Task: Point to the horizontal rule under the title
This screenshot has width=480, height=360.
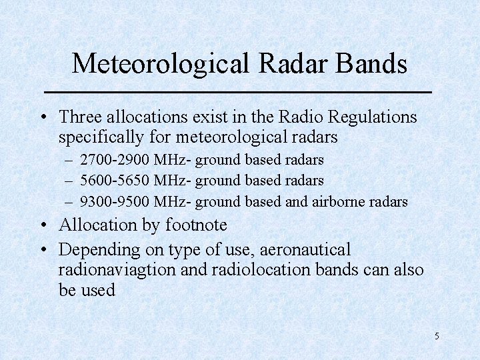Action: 237,91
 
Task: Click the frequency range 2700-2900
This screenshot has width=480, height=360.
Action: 115,160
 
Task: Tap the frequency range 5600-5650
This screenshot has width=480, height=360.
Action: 115,181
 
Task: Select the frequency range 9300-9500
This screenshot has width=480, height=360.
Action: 115,201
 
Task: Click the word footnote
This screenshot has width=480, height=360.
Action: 196,225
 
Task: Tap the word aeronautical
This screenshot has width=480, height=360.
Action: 305,250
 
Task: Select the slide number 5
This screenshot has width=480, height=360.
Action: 437,336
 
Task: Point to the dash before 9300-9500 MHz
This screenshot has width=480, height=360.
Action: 70,201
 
